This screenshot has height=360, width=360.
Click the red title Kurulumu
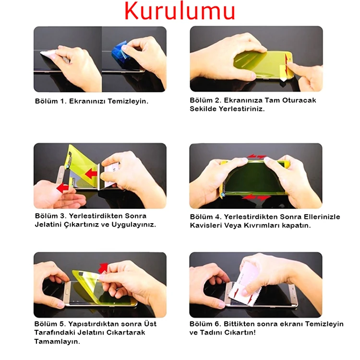click(180, 11)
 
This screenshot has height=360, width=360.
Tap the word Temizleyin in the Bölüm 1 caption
click(128, 101)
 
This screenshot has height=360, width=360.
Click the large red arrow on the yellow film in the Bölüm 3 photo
click(91, 174)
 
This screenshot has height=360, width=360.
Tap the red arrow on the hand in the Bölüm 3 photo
click(62, 188)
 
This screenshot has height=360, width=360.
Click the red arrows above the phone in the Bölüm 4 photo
click(257, 156)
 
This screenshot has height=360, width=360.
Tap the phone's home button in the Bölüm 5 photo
click(67, 291)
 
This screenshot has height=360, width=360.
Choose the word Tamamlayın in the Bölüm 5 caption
click(57, 342)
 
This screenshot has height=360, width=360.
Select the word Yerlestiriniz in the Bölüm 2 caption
click(241, 109)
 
